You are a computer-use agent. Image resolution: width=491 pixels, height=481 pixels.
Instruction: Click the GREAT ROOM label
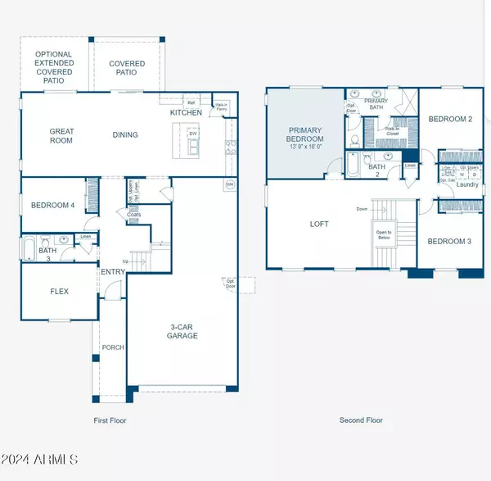click(61, 135)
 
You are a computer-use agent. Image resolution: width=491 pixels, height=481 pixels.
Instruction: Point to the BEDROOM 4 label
click(53, 205)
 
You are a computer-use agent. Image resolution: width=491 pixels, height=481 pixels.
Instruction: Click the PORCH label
click(112, 347)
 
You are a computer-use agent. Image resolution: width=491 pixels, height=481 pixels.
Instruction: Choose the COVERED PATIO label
click(127, 68)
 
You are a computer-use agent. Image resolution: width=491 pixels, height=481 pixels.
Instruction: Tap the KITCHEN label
click(187, 112)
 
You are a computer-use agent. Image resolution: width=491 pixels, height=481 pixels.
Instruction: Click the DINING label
click(125, 135)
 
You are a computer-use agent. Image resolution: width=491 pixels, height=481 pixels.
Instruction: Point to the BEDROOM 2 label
click(450, 120)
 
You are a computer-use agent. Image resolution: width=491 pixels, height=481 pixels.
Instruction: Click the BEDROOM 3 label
click(449, 240)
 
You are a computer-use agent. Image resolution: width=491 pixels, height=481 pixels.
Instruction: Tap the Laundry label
click(467, 184)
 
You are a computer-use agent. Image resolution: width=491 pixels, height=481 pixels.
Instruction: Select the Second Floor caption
click(361, 420)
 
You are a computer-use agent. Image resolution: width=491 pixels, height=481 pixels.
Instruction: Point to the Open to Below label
click(384, 235)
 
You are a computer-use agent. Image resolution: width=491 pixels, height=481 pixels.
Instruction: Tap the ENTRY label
click(112, 272)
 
